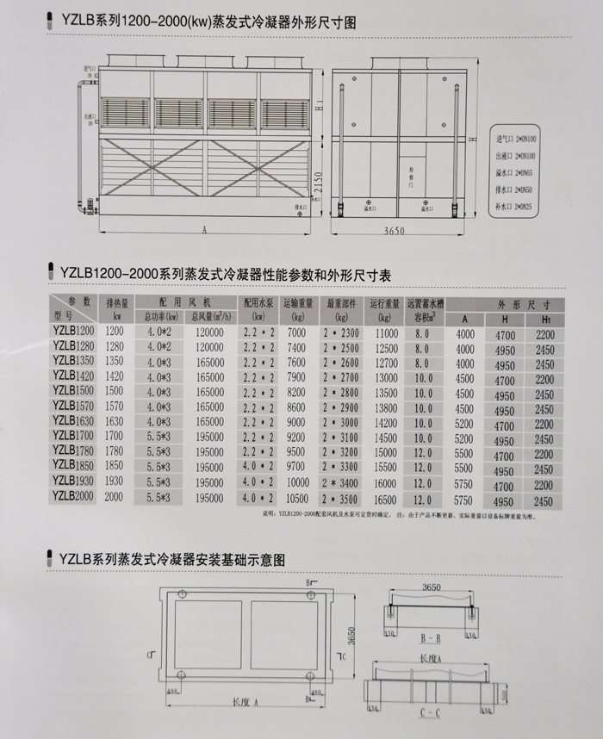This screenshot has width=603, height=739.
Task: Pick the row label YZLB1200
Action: (74, 331)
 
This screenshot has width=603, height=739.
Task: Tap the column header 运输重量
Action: (295, 302)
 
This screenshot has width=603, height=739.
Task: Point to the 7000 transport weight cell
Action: (295, 332)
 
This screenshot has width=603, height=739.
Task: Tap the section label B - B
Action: (430, 640)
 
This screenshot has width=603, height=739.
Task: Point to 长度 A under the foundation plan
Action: (244, 702)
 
